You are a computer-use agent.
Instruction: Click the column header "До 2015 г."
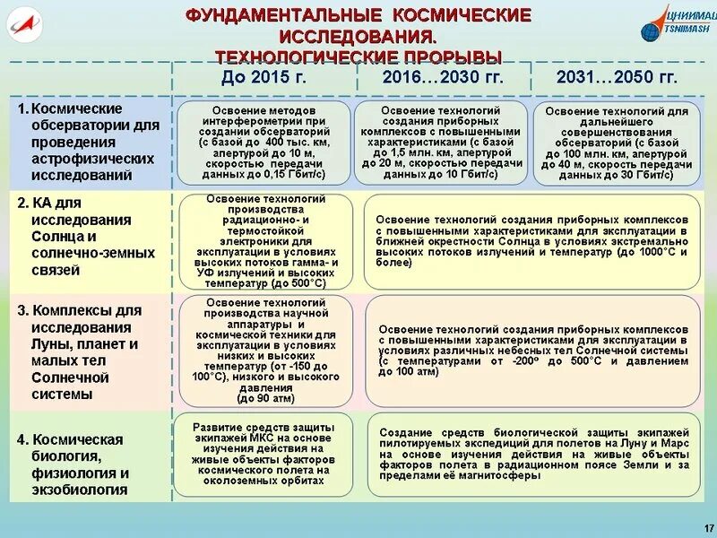(x=263, y=77)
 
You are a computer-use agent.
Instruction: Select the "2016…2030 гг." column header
(x=443, y=77)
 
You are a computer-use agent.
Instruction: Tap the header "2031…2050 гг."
(x=618, y=77)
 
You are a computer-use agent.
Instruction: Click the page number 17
(x=708, y=526)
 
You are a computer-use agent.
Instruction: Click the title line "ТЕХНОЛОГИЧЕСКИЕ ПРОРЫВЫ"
(x=358, y=56)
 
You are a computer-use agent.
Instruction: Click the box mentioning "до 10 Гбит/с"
(x=439, y=141)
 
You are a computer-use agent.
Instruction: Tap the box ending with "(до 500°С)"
(x=264, y=240)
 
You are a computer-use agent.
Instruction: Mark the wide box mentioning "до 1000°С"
(x=532, y=240)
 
